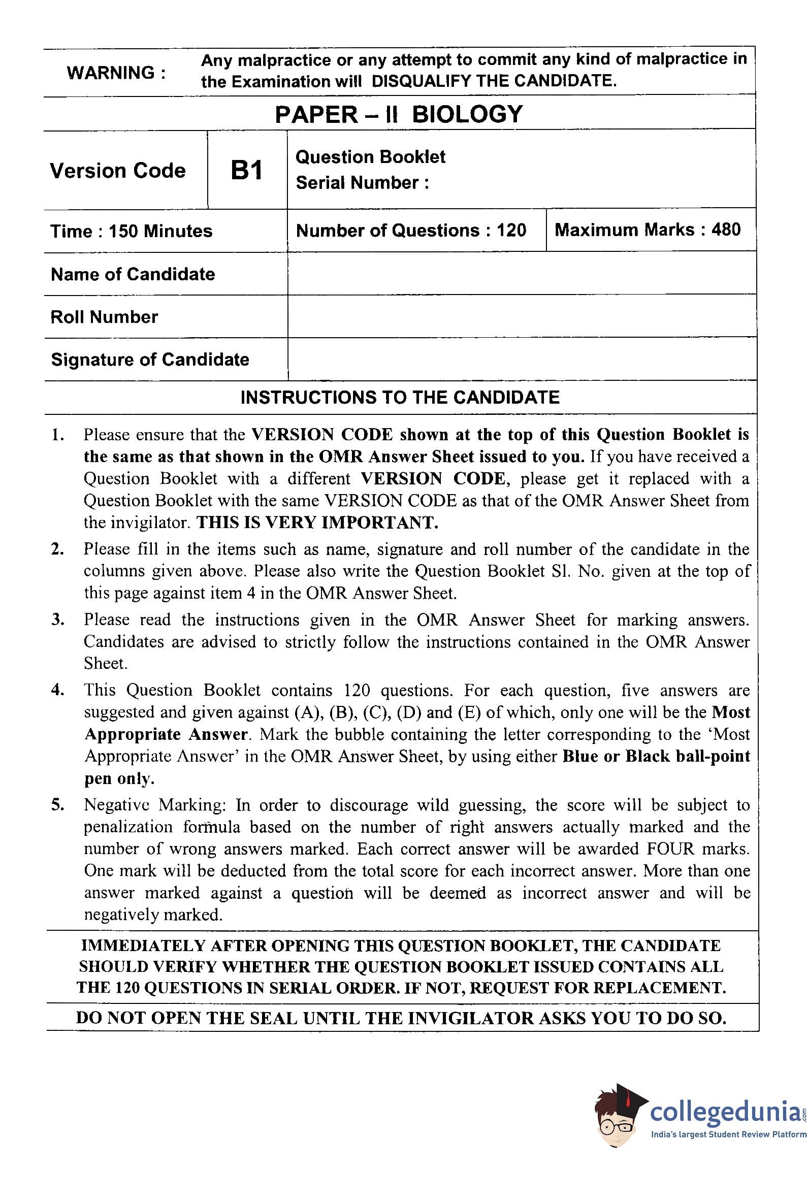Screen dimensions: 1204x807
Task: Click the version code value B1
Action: click(x=246, y=170)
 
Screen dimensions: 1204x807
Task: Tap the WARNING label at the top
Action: click(x=116, y=73)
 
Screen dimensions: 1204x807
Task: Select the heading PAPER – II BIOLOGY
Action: click(x=399, y=114)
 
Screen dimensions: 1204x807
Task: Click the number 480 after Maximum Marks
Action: click(x=726, y=230)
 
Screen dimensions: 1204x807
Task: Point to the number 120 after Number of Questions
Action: click(x=511, y=230)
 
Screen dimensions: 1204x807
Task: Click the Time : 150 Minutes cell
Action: click(x=131, y=231)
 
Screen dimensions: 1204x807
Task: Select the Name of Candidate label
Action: click(x=133, y=274)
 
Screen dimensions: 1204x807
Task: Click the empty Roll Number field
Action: click(x=522, y=316)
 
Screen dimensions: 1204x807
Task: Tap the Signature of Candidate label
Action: click(x=150, y=359)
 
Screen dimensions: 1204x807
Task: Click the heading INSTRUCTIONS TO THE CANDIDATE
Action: click(x=400, y=397)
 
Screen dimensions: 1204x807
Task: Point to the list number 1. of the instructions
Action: click(x=58, y=435)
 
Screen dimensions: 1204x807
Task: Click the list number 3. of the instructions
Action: click(x=58, y=620)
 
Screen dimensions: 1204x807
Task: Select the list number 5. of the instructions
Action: click(x=58, y=805)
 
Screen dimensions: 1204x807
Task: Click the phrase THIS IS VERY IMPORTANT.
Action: click(x=317, y=523)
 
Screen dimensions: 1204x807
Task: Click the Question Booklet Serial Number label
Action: click(x=370, y=170)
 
